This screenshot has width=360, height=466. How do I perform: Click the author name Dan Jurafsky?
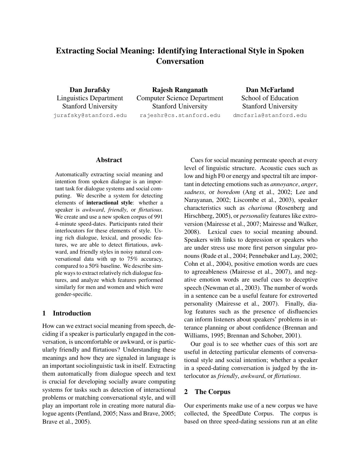pos(90,90)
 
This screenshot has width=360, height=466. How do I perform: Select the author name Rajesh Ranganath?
pos(180,90)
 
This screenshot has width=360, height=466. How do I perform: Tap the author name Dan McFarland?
pos(270,90)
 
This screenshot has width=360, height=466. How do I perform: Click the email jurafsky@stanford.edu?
pos(90,115)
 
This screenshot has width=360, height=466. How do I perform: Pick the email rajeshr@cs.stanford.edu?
pos(180,115)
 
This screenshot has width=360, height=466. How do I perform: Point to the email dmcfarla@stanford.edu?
pos(270,115)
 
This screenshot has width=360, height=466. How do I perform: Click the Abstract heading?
pos(109,160)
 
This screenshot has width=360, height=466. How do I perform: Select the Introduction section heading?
pos(71,313)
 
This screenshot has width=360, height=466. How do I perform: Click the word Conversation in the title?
pos(180,61)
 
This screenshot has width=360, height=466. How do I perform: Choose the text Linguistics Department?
pos(90,98)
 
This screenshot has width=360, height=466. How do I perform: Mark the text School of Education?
pos(270,98)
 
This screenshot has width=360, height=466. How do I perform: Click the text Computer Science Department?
pos(180,98)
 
